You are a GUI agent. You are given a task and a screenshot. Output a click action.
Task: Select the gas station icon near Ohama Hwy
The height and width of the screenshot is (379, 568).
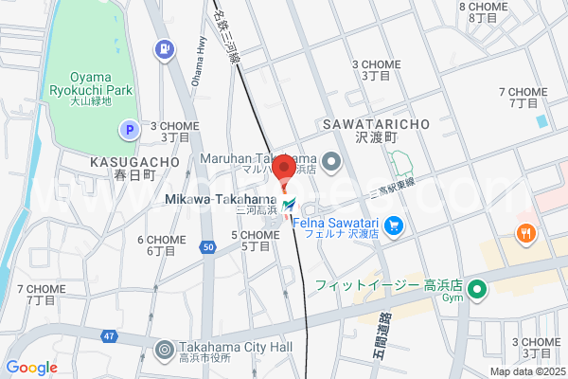166,46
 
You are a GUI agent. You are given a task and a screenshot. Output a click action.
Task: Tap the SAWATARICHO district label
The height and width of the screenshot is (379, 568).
376,124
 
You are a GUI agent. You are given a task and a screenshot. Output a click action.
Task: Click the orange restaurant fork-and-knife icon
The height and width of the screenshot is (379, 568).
523,232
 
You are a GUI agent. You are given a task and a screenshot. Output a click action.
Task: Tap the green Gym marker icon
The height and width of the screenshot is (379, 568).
479,290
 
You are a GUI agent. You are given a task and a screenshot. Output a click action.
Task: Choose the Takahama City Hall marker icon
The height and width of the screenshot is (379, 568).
166,350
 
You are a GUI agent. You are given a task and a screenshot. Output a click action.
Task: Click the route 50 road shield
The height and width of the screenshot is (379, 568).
208,247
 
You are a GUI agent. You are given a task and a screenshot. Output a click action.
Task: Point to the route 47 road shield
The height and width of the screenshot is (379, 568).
110,336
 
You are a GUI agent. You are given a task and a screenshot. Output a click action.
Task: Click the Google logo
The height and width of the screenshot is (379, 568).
31,368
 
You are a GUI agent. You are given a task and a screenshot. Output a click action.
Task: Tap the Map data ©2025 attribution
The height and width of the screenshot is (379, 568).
526,371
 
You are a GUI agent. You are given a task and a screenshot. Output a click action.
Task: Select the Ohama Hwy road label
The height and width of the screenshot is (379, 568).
200,68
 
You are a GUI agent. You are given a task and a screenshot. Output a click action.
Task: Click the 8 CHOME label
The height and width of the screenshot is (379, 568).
484,8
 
